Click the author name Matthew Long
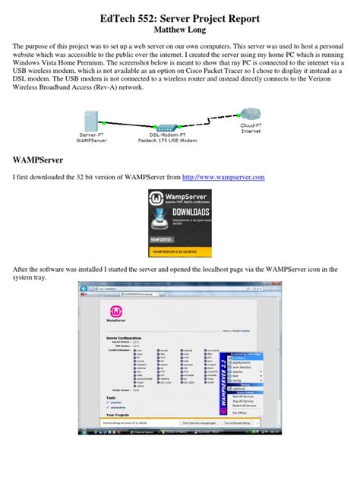pyautogui.click(x=179, y=30)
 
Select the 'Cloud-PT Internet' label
pyautogui.click(x=251, y=128)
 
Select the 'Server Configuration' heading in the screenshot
pyautogui.click(x=125, y=337)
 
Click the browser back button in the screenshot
pyautogui.click(x=84, y=289)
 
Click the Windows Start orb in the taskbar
pyautogui.click(x=82, y=431)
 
